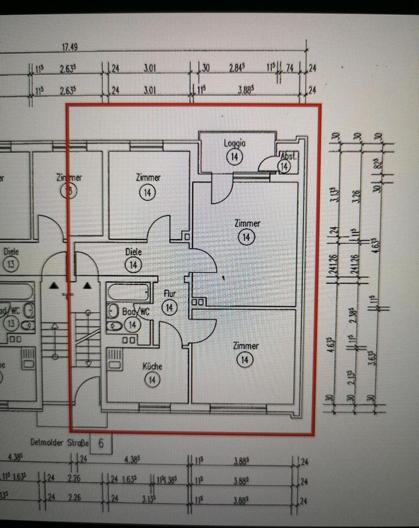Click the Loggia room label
click(x=234, y=144)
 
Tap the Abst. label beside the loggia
click(x=288, y=156)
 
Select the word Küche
click(x=152, y=366)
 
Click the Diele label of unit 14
click(x=133, y=251)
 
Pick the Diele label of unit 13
click(x=11, y=251)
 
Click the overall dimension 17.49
click(x=69, y=47)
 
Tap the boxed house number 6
click(x=102, y=442)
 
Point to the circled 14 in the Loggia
click(x=234, y=157)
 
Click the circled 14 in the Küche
click(x=153, y=380)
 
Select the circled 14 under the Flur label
click(x=170, y=307)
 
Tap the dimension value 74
click(x=290, y=69)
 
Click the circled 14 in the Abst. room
click(x=284, y=166)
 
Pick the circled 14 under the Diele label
click(x=133, y=265)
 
